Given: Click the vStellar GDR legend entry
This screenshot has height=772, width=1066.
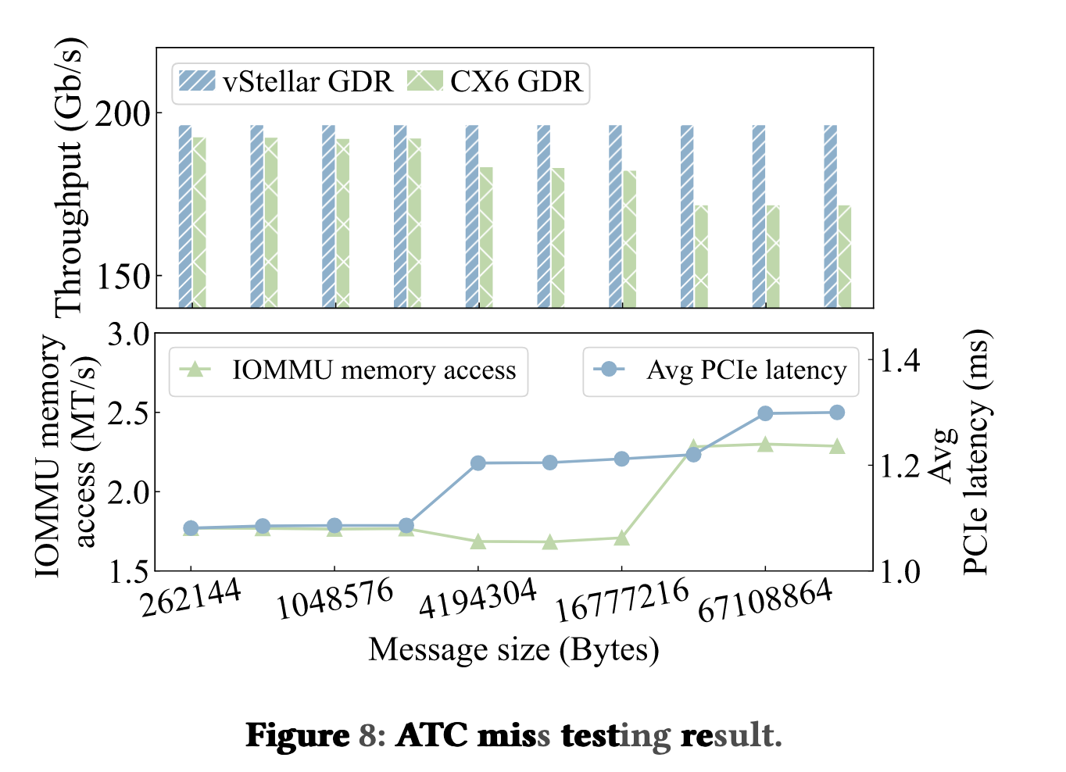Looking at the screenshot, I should point(286,82).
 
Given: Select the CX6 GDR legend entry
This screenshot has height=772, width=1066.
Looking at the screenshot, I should point(495,82).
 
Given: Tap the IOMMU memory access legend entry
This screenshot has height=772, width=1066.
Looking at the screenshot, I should point(349,370).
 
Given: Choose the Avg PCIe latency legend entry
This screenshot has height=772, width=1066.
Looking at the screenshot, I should point(721,370).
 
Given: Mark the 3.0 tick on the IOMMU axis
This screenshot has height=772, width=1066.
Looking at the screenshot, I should point(129,334).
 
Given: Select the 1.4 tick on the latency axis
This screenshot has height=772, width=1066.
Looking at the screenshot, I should point(900,361).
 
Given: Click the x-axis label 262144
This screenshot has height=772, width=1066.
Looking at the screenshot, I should point(190,599).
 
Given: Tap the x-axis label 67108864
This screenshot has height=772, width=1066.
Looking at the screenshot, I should point(764,602).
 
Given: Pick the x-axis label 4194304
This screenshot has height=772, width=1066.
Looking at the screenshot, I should point(478,599).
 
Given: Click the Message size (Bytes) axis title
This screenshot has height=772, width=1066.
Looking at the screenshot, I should point(513,650).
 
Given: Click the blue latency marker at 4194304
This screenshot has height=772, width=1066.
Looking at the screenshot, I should point(478,463).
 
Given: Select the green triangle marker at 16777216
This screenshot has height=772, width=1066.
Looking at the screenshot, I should point(621,538).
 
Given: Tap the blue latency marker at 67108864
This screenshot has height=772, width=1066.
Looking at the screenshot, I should point(765,413).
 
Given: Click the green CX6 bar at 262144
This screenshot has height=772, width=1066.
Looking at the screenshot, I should point(199,223).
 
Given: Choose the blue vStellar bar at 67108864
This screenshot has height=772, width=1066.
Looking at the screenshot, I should point(759,216).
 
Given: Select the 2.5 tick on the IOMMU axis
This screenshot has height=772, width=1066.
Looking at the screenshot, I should point(129,413).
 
